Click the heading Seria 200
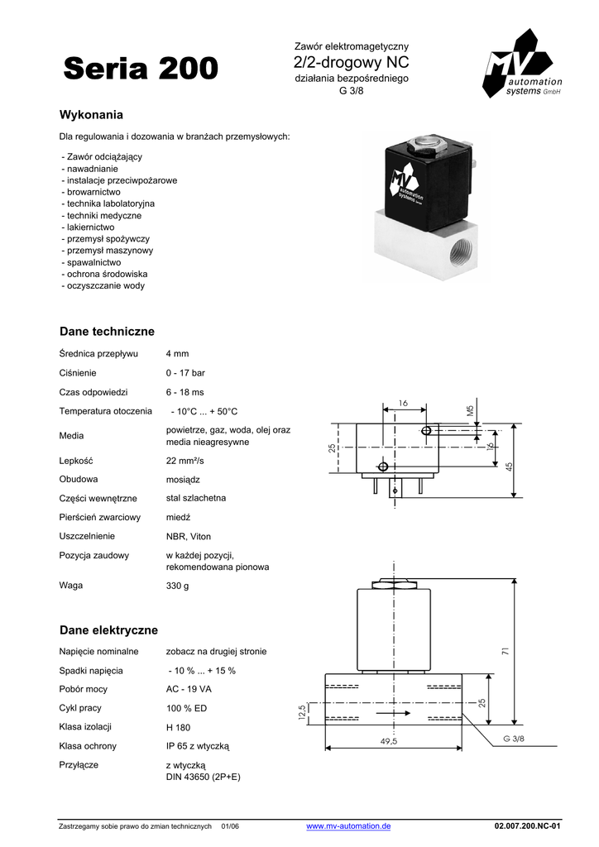tap(141, 69)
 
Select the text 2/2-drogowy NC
tap(352, 63)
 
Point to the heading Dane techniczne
tap(107, 332)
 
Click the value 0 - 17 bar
tap(185, 373)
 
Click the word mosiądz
tap(184, 480)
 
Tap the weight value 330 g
tap(177, 586)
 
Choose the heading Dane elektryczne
tap(108, 630)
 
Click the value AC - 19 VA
tap(189, 689)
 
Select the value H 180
tap(178, 728)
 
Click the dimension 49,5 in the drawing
tap(389, 741)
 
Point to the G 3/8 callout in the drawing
tap(514, 739)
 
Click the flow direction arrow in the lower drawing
tap(392, 713)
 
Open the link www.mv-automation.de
tap(348, 826)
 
